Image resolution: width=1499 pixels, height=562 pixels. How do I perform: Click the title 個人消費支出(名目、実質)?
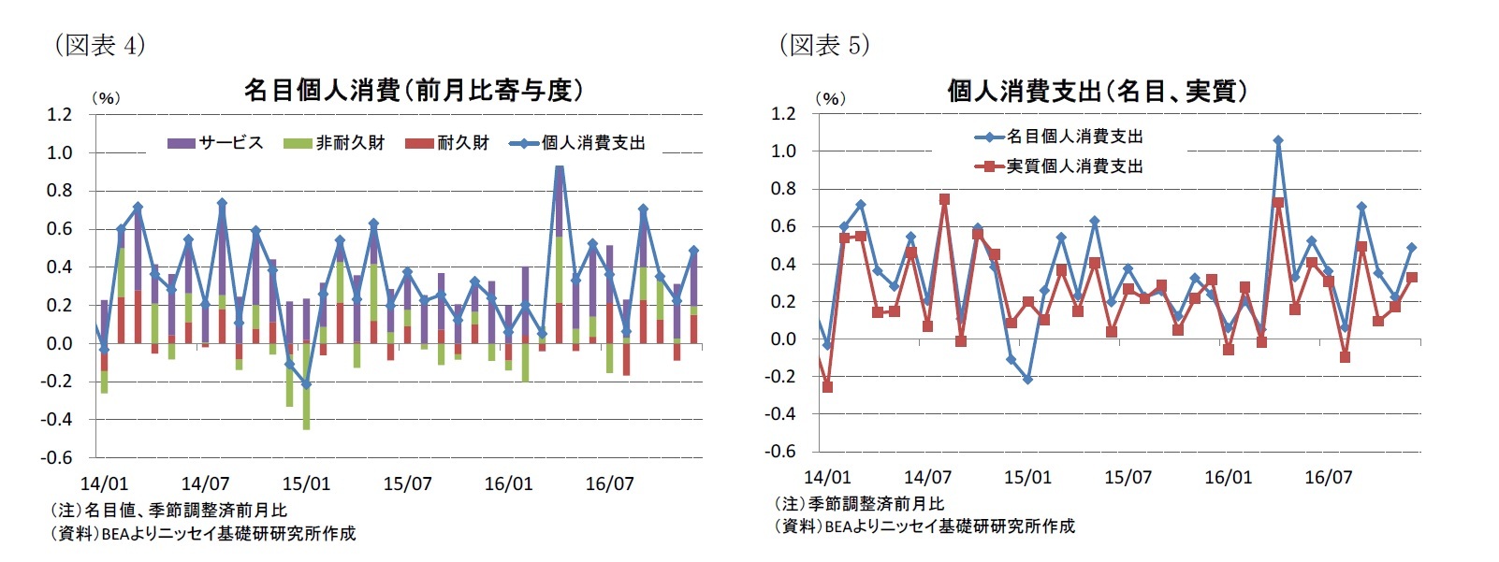pyautogui.click(x=1096, y=91)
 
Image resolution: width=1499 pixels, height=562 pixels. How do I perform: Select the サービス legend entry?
pyautogui.click(x=216, y=143)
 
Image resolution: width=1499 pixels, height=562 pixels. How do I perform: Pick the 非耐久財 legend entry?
pyautogui.click(x=335, y=143)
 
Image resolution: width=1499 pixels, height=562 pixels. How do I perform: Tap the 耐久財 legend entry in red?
pyautogui.click(x=448, y=143)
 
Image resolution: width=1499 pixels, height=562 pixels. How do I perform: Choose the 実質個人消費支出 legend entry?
pyautogui.click(x=1060, y=166)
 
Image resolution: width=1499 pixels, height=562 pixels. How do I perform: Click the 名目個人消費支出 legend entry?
pyautogui.click(x=1060, y=137)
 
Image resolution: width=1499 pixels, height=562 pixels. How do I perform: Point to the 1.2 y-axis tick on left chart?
pyautogui.click(x=60, y=114)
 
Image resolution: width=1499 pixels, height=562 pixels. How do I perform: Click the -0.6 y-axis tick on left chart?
pyautogui.click(x=57, y=457)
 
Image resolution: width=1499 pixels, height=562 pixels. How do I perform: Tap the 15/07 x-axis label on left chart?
pyautogui.click(x=407, y=483)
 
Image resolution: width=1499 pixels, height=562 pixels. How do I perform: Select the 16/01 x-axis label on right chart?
pyautogui.click(x=1228, y=477)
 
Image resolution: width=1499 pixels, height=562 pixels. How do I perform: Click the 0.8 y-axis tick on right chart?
pyautogui.click(x=784, y=189)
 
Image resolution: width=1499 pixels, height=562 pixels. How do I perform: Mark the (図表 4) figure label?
pyautogui.click(x=100, y=44)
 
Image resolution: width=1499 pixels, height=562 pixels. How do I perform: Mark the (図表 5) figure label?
pyautogui.click(x=824, y=44)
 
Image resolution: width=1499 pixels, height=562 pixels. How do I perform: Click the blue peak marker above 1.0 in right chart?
pyautogui.click(x=1278, y=141)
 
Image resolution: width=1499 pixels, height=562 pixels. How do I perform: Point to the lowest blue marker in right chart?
pyautogui.click(x=1027, y=380)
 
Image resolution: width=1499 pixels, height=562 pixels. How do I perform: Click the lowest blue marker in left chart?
pyautogui.click(x=306, y=384)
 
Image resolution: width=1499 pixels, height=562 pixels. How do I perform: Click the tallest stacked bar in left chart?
pyautogui.click(x=560, y=252)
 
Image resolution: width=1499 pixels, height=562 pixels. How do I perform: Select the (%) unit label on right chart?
pyautogui.click(x=830, y=97)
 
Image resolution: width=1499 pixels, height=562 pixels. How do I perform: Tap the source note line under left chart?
pyautogui.click(x=202, y=534)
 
